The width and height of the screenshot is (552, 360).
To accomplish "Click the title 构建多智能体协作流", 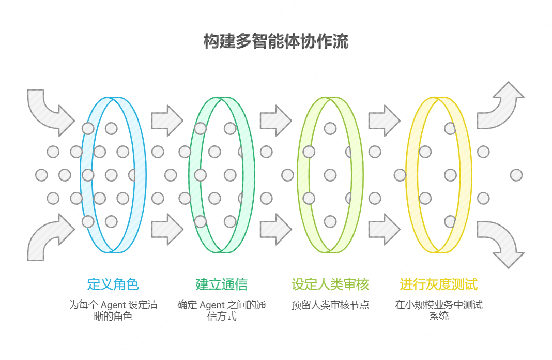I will tap(275, 41).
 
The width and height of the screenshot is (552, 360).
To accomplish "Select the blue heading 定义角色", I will tap(113, 284).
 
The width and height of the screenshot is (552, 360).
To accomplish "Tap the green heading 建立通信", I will tap(221, 284).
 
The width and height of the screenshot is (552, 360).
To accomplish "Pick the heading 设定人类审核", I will tap(330, 284).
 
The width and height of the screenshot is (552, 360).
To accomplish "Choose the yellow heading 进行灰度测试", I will tap(438, 284).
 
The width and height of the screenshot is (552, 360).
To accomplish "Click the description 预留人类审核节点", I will tap(330, 305).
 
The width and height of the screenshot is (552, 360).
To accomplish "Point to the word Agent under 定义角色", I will tap(113, 305).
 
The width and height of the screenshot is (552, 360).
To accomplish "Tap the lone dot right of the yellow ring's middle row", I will tap(516, 175).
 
